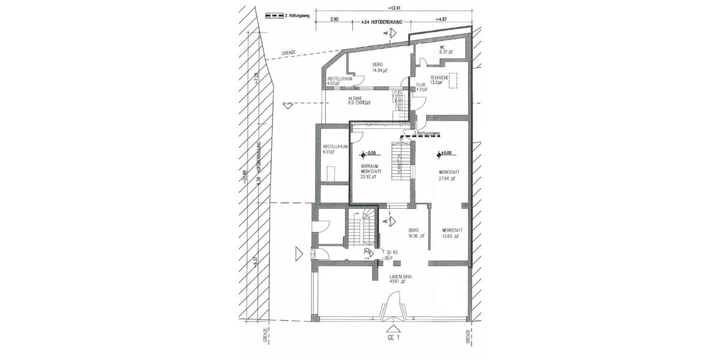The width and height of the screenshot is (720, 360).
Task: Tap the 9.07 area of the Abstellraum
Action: [331, 152]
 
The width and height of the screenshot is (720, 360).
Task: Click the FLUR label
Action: [421, 85]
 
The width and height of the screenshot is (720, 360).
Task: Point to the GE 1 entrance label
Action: [394, 338]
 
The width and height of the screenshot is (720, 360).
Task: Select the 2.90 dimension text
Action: [334, 20]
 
